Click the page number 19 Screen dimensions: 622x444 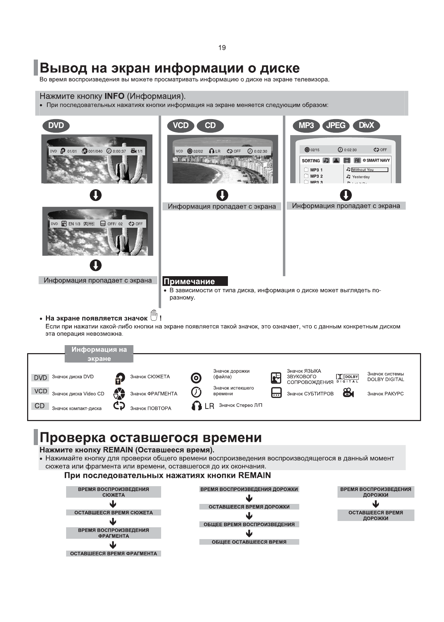pos(222,48)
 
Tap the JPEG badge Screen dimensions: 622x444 pos(336,126)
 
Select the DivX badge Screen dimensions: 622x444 pos(366,126)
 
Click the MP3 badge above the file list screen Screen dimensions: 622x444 pos(306,126)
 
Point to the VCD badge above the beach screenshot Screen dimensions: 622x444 pos(181,126)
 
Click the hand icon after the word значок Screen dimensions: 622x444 pos(154,315)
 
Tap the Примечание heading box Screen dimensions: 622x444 pos(195,281)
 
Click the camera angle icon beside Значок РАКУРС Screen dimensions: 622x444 pos(348,393)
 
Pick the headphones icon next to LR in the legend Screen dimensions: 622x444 pos(197,406)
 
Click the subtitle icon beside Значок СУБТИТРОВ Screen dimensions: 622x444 pos(276,393)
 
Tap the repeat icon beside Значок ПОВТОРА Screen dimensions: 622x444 pos(119,406)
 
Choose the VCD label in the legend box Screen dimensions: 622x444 pos(41,391)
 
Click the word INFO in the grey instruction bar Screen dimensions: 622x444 pos(114,96)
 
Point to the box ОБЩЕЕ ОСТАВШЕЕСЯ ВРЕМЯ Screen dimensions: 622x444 pos(249,542)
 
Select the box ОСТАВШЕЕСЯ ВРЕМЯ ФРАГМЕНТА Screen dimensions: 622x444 pos(113,553)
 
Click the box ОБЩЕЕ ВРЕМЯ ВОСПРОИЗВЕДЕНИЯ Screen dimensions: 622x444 pos(249,524)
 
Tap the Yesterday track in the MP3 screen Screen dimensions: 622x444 pos(361,177)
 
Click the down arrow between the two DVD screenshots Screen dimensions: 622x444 pos(96,195)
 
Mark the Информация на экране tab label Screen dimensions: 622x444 pos(99,354)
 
